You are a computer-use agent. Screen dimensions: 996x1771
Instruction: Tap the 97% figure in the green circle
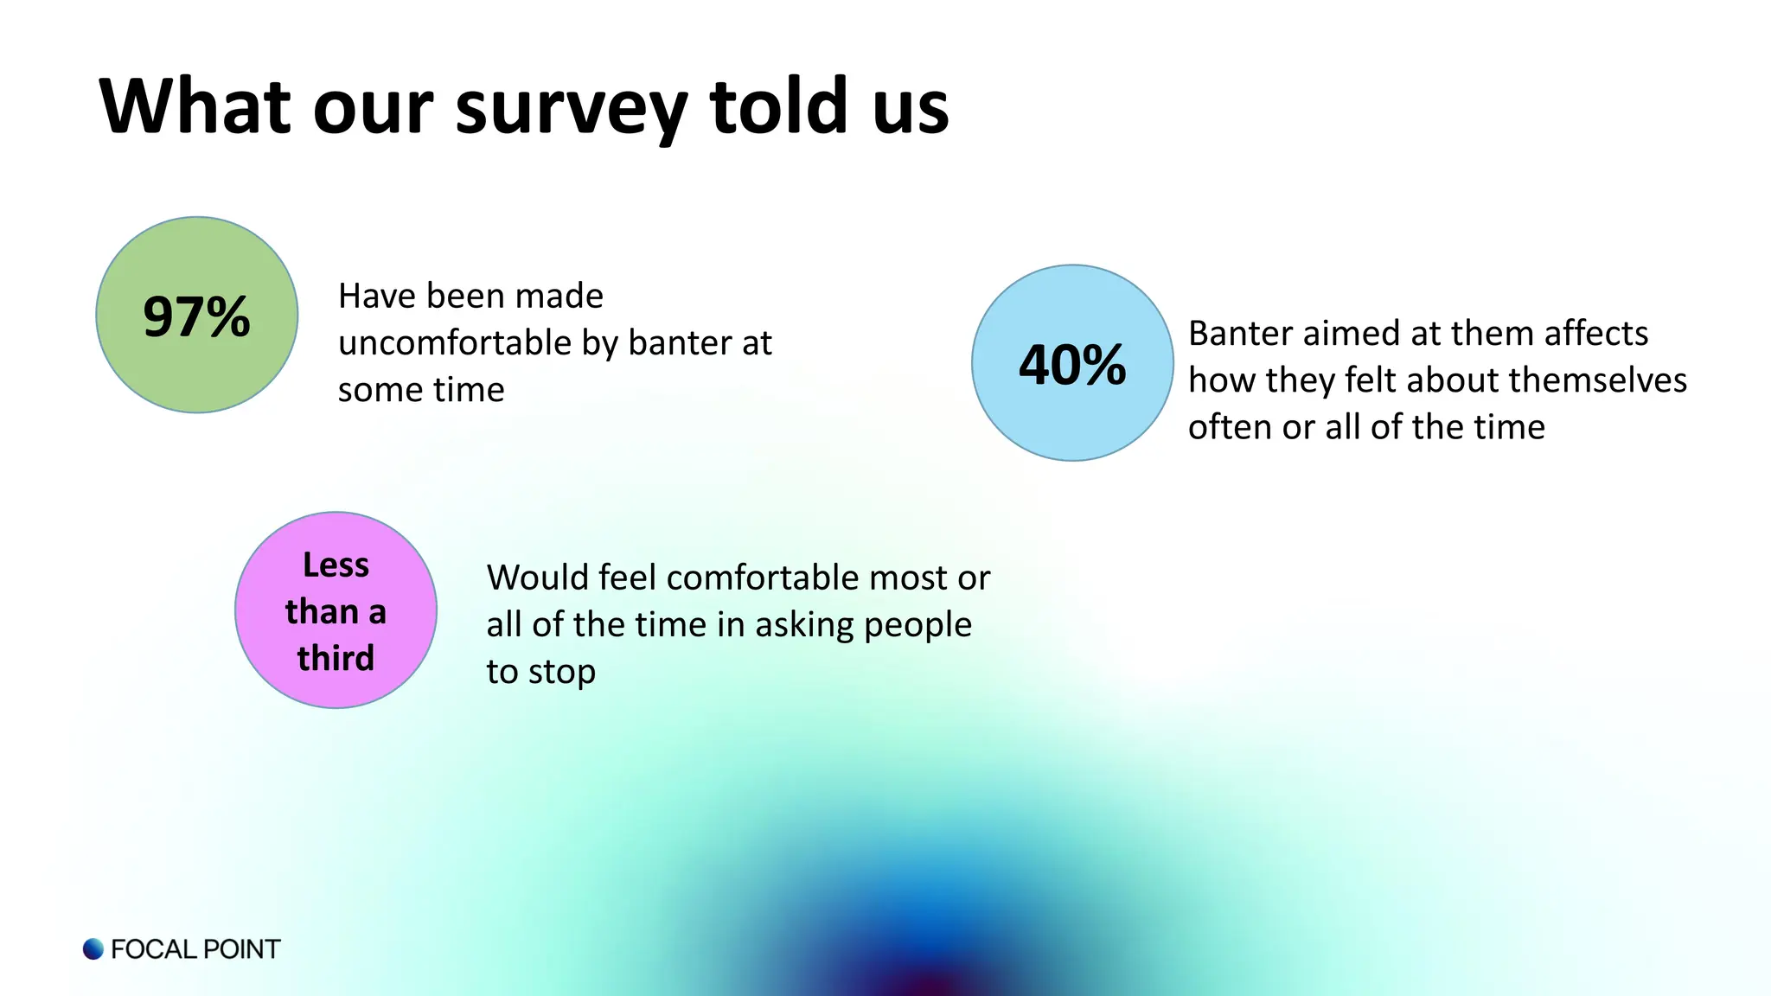[x=197, y=316]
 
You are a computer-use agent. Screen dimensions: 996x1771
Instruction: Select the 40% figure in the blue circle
[x=1072, y=365]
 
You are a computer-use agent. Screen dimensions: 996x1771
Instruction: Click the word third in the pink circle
[x=336, y=658]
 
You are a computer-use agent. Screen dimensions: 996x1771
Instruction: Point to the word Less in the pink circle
[x=336, y=565]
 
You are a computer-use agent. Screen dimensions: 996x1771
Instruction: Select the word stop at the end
[x=562, y=672]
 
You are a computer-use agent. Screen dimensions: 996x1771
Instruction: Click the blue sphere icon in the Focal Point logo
[x=93, y=948]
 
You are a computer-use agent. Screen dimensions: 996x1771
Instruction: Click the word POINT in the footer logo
[x=241, y=949]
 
